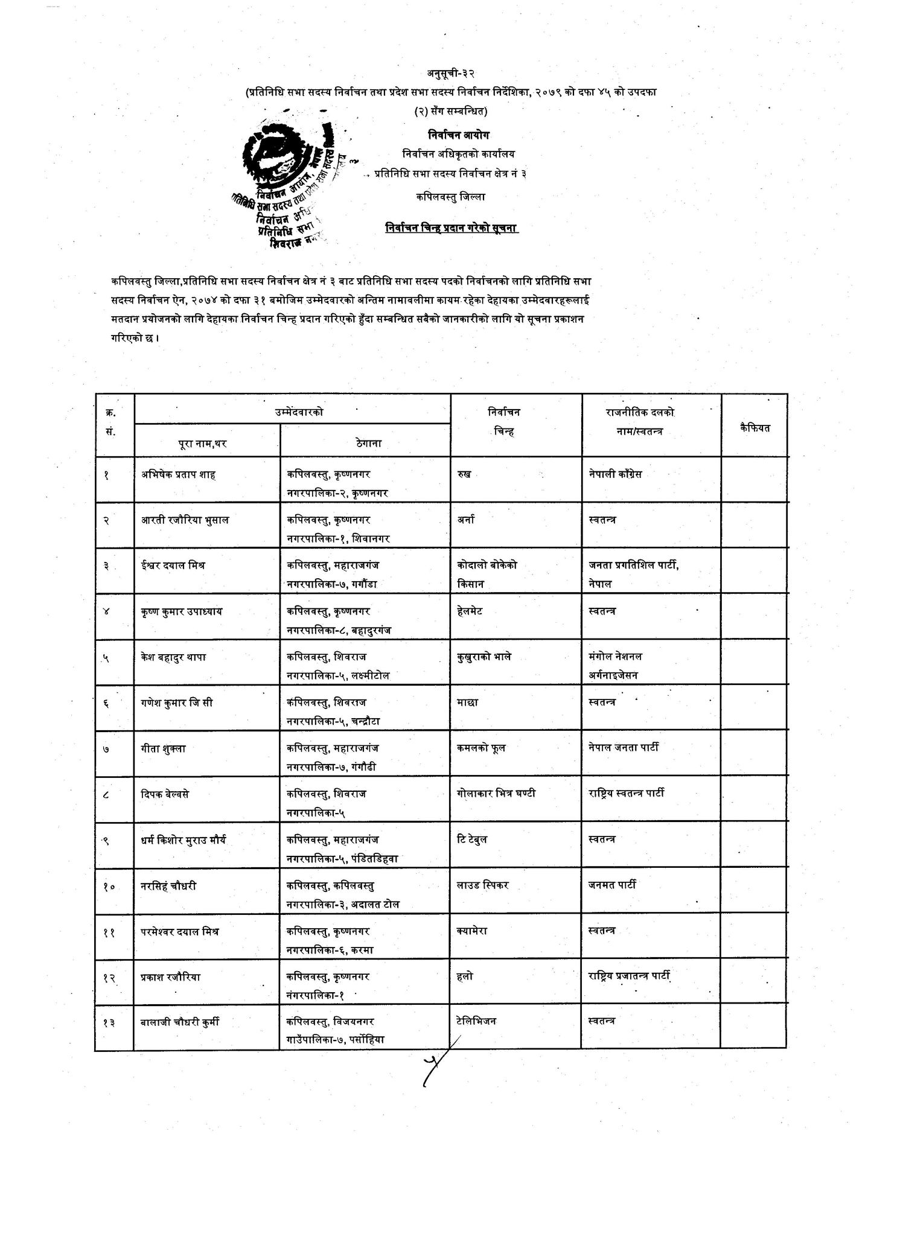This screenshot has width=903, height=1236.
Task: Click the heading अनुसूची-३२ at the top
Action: click(x=451, y=74)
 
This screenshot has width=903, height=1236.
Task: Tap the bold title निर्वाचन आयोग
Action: click(x=451, y=135)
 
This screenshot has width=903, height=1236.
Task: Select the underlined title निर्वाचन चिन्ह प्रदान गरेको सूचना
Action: click(x=451, y=228)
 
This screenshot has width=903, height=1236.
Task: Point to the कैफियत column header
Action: click(x=755, y=427)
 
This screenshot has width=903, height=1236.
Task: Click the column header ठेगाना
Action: click(x=365, y=443)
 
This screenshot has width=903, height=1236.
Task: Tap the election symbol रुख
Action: click(x=464, y=474)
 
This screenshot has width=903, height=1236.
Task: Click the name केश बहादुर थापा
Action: click(x=174, y=657)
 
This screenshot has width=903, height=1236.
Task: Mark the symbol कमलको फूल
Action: click(x=482, y=748)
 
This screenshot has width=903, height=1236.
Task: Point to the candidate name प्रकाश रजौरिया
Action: click(x=171, y=976)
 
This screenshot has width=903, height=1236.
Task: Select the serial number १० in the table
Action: click(x=109, y=887)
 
